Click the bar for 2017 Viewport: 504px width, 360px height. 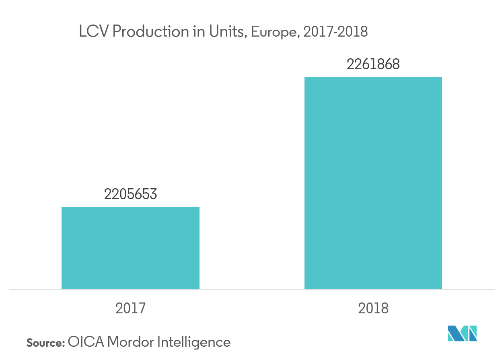pos(130,248)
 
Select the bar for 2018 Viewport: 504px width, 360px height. pos(373,183)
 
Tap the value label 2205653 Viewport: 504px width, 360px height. pos(130,194)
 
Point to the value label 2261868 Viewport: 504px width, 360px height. pos(373,65)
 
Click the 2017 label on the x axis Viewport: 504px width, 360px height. pos(130,309)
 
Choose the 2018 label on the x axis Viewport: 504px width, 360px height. pos(373,309)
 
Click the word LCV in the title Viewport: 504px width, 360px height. pos(93,32)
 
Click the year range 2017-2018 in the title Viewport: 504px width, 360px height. pos(335,32)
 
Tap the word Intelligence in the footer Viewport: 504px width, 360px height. pos(193,342)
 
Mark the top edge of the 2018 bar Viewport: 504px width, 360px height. pos(373,78)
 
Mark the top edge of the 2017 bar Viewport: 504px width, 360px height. pos(130,207)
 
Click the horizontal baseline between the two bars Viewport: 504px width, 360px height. pos(252,289)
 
